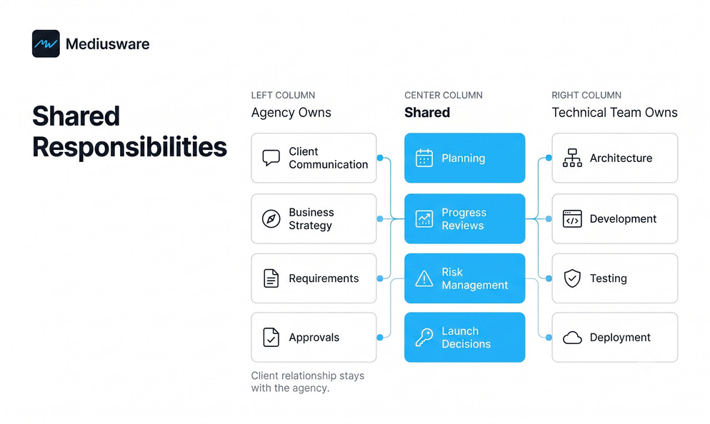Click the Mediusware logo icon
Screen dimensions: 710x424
(x=46, y=44)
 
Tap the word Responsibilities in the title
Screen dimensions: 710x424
(x=129, y=147)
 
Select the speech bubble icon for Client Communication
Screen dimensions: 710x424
(x=271, y=158)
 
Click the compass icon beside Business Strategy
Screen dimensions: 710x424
(x=271, y=219)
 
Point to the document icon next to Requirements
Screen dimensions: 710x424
(x=271, y=278)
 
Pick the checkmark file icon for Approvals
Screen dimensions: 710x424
(x=271, y=337)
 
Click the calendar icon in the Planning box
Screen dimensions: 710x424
(x=424, y=158)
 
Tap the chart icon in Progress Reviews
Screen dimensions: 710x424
(x=424, y=219)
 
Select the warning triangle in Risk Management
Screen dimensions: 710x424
(x=424, y=278)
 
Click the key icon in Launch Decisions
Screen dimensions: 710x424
(x=424, y=337)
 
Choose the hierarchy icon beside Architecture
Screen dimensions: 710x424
(x=572, y=158)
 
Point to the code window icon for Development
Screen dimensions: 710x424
(x=572, y=219)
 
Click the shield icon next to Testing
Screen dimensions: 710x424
(x=572, y=278)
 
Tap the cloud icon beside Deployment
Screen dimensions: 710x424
(x=572, y=338)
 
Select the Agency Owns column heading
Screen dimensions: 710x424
(x=291, y=112)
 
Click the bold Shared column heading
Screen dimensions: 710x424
(x=427, y=112)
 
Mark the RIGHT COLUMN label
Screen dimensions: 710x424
(x=586, y=95)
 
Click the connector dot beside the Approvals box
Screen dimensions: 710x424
(x=380, y=337)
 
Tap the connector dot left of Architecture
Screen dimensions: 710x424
(x=549, y=158)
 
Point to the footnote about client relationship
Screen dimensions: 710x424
(x=308, y=382)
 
